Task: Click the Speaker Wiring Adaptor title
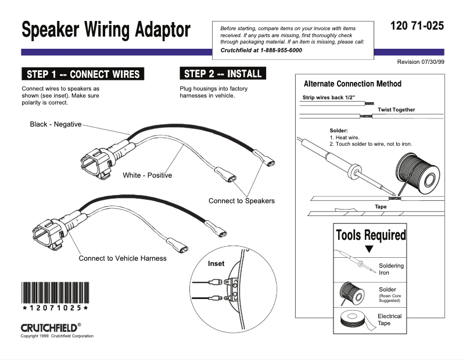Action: [x=106, y=30]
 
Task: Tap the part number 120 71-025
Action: [x=417, y=26]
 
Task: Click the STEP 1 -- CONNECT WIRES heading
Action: [x=83, y=74]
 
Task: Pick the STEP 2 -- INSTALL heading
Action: [x=223, y=74]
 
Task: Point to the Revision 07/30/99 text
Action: [x=420, y=62]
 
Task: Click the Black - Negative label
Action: [x=56, y=124]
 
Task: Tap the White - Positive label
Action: [x=147, y=175]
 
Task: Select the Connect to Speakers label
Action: [x=241, y=201]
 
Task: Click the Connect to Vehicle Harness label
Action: [x=123, y=258]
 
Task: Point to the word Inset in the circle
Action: [x=216, y=264]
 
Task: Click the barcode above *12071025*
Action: [x=55, y=293]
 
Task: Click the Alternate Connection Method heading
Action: [x=352, y=84]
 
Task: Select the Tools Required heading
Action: [x=370, y=235]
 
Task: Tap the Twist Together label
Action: [x=396, y=110]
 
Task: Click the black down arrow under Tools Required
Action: [x=368, y=249]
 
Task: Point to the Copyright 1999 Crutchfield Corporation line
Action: [x=57, y=336]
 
